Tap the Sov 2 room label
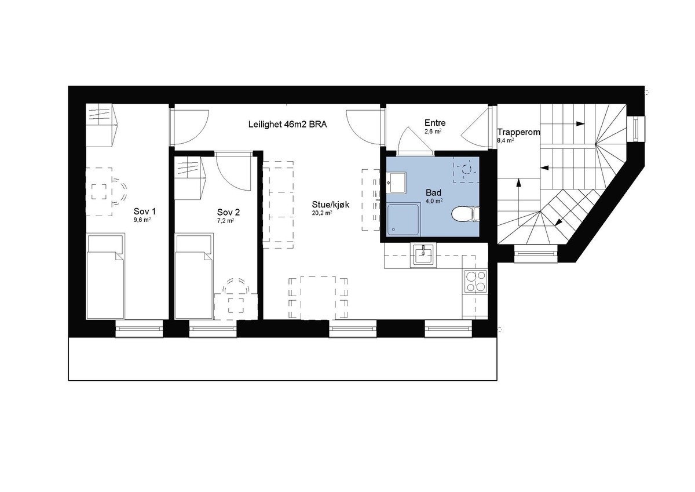tap(228, 212)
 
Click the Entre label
tap(435, 123)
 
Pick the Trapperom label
tap(518, 132)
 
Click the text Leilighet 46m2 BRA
tap(288, 123)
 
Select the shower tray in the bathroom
tap(404, 220)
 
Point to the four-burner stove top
tap(475, 281)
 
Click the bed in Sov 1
tap(105, 276)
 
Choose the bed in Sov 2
tap(193, 276)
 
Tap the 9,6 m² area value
tap(142, 220)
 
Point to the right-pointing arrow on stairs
tap(578, 123)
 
